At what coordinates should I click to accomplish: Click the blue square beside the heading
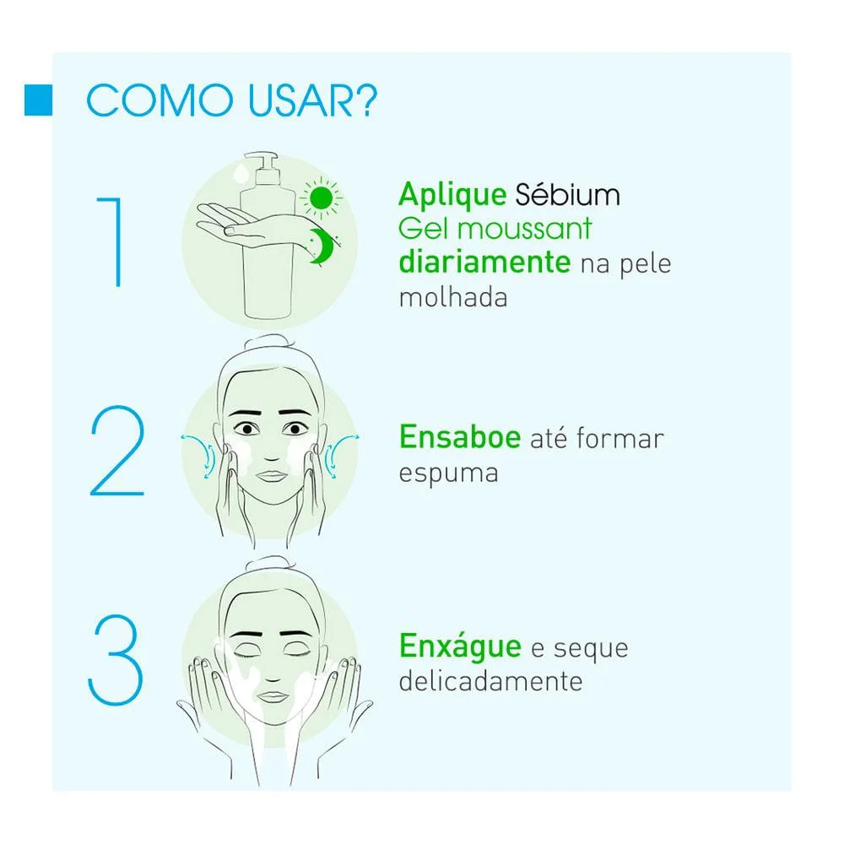point(38,100)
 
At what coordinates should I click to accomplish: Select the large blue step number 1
point(111,242)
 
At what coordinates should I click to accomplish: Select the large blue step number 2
point(117,450)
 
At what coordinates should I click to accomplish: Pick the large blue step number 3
point(115,659)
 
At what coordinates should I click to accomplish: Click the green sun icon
point(322,198)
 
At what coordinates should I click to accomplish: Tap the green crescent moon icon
point(322,246)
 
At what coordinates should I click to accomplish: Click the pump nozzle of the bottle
point(262,160)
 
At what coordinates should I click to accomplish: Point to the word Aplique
point(452,195)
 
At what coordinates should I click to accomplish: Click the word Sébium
point(567,194)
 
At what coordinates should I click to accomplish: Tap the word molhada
point(453,297)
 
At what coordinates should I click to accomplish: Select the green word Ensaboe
point(460,436)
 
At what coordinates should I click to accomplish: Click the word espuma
point(448,474)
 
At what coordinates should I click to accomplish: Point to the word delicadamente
point(490,681)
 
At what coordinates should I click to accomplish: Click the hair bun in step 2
point(269,343)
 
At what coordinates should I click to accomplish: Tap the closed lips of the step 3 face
point(273,697)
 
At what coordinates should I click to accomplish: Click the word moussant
point(524,229)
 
